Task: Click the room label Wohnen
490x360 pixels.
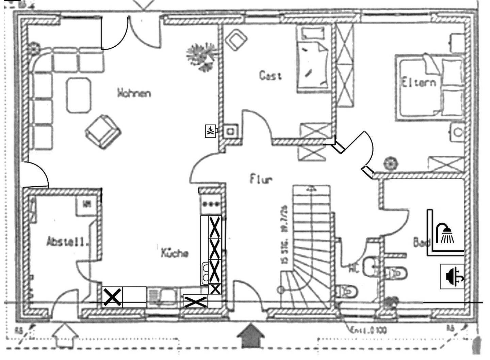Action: point(134,93)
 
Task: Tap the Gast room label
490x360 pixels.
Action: point(271,75)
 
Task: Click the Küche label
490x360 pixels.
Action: point(175,253)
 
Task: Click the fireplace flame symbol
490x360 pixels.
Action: point(211,131)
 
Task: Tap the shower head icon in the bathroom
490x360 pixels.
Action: point(446,233)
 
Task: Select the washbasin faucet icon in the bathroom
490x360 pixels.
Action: point(452,276)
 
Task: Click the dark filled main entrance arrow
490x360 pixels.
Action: point(251,335)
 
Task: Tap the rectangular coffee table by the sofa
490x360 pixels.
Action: point(79,95)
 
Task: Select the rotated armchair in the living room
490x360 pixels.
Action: point(103,131)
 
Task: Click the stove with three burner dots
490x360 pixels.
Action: point(211,204)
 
